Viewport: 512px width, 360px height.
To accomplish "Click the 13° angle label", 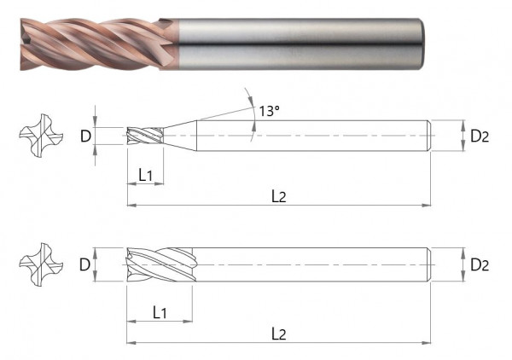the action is (x=269, y=111).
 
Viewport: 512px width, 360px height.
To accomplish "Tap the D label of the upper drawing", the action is (x=85, y=136).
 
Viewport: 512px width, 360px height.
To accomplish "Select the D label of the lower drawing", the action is (x=84, y=264).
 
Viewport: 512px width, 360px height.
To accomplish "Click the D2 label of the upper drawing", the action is (x=480, y=136).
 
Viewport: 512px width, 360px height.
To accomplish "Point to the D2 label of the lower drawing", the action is (x=480, y=264).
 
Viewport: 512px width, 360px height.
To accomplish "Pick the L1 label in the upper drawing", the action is (x=146, y=175).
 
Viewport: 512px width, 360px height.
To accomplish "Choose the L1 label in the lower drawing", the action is (x=160, y=313).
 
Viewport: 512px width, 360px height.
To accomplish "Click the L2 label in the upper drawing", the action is (x=279, y=196).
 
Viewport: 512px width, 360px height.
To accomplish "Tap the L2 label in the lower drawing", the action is (x=279, y=334).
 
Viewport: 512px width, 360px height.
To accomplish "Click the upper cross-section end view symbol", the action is (x=41, y=136).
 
